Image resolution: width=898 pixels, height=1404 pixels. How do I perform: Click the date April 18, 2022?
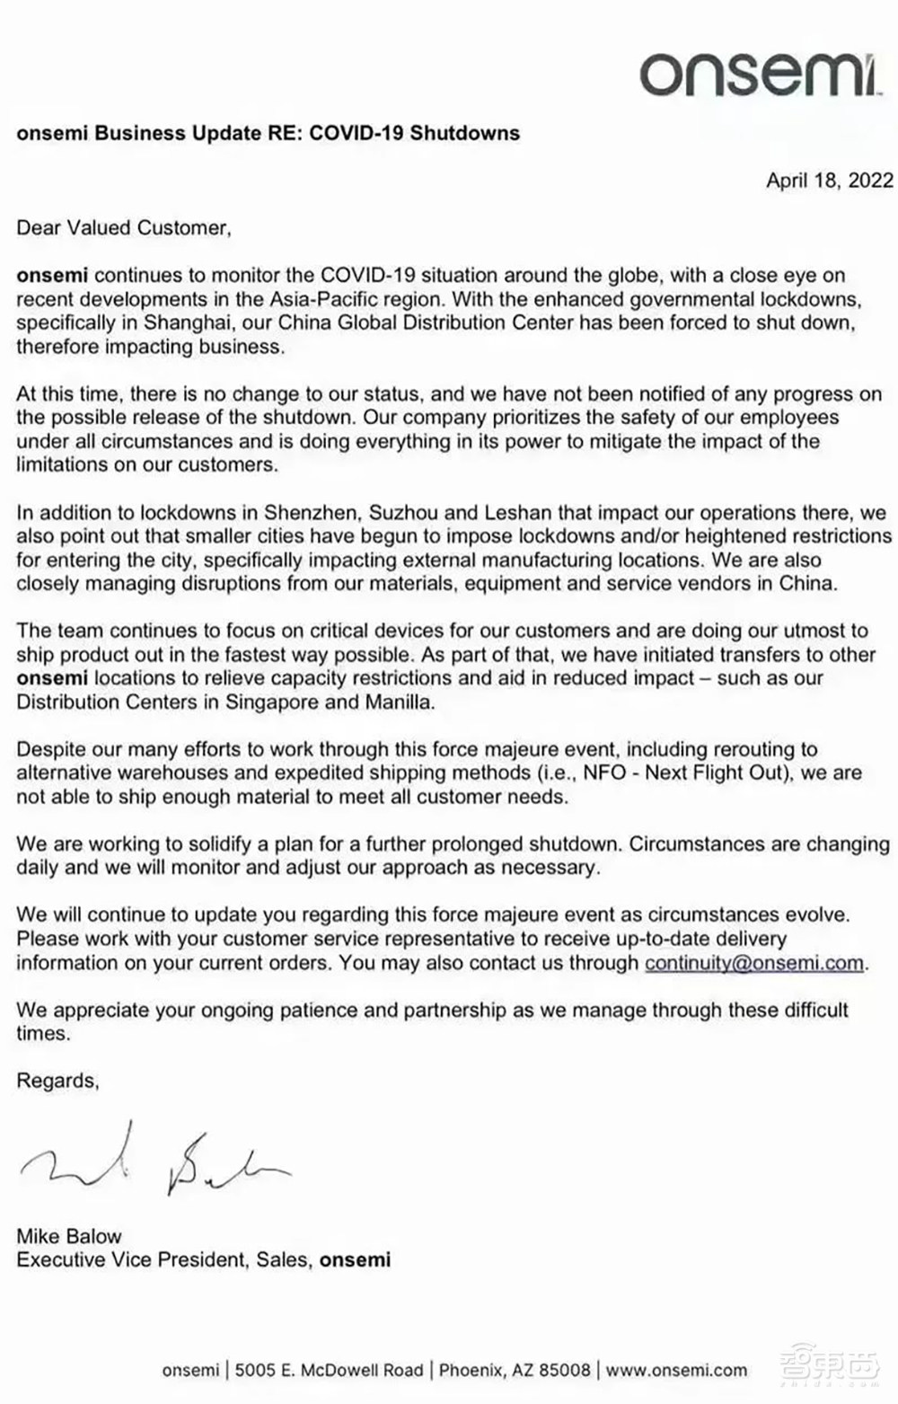pyautogui.click(x=829, y=181)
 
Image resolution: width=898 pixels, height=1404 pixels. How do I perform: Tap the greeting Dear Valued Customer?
pyautogui.click(x=123, y=228)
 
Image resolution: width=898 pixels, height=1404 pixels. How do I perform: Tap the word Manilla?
pyautogui.click(x=398, y=702)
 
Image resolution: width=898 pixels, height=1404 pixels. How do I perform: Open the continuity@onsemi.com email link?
pyautogui.click(x=754, y=963)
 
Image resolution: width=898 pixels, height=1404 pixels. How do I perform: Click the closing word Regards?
pyautogui.click(x=57, y=1081)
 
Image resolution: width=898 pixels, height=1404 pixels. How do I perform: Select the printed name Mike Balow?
pyautogui.click(x=69, y=1236)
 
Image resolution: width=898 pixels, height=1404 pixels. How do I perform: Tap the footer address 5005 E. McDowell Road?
pyautogui.click(x=329, y=1370)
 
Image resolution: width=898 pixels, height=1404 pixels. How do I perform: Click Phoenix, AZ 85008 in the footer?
pyautogui.click(x=515, y=1370)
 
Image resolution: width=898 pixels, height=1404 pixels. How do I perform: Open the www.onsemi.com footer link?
pyautogui.click(x=676, y=1370)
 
